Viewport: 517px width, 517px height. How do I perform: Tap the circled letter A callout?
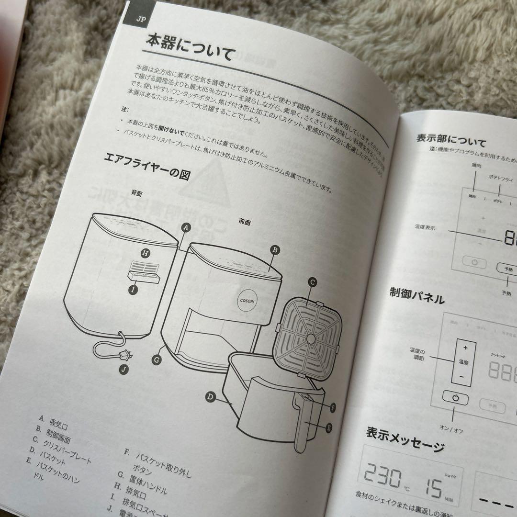(x=187, y=228)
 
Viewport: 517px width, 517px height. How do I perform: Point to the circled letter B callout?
(x=274, y=249)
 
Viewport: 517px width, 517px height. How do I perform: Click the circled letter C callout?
(x=312, y=282)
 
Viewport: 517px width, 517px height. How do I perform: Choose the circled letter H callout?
(x=145, y=253)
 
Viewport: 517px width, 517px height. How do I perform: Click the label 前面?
(x=245, y=222)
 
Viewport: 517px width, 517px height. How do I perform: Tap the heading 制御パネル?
(x=416, y=297)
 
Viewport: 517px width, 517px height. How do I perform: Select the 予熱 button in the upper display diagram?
(x=507, y=269)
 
